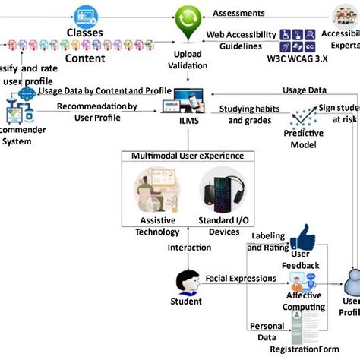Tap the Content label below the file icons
click(85, 58)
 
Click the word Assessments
click(238, 13)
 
